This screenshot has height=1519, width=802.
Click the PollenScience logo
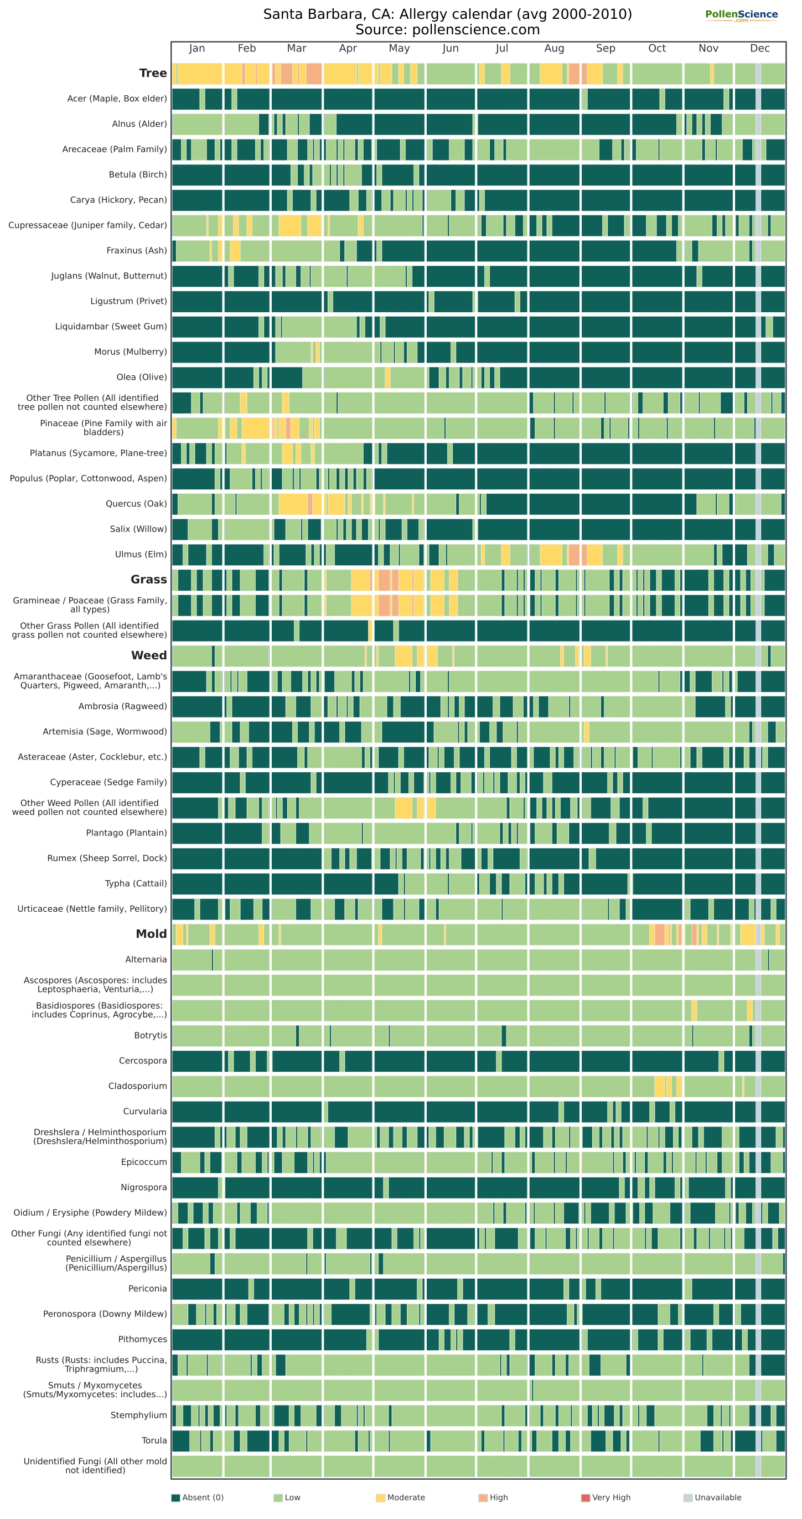tap(741, 15)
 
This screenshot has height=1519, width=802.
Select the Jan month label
tap(197, 48)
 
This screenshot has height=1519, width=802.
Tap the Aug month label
tap(555, 48)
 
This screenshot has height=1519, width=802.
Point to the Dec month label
tap(759, 48)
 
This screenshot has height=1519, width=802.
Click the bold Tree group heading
tap(153, 73)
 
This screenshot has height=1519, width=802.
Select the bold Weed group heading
tap(149, 656)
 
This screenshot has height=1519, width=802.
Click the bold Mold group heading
tap(152, 934)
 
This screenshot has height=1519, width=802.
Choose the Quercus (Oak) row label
tap(136, 504)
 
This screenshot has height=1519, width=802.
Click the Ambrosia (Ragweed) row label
tap(123, 706)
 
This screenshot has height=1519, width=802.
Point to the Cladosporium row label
tap(137, 1086)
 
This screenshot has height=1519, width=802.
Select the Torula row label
tap(154, 1440)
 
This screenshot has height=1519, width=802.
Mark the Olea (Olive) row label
tap(142, 378)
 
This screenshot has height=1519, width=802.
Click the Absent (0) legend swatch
tap(175, 1498)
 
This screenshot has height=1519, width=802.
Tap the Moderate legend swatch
tap(380, 1498)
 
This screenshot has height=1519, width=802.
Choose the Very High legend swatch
tap(585, 1498)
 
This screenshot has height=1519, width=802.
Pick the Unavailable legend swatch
tap(687, 1498)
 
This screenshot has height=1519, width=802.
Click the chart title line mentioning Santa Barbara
tap(448, 14)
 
